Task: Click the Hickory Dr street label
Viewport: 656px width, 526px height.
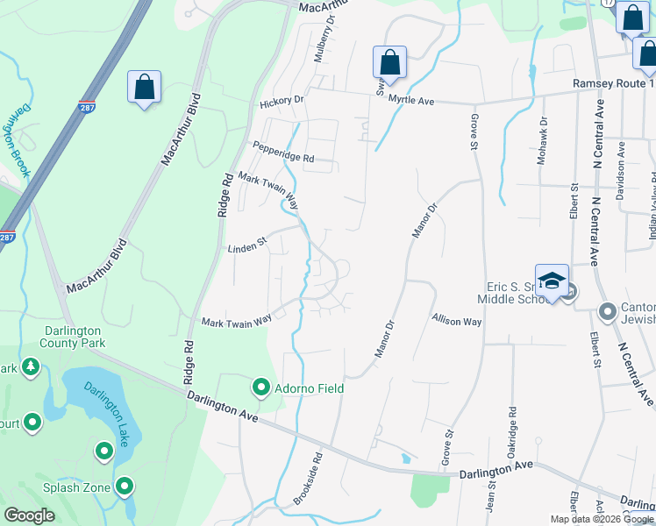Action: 281,103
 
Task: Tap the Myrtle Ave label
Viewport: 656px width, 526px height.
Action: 412,102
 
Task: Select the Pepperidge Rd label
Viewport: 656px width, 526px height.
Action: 282,152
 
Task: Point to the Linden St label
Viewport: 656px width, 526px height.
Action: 247,245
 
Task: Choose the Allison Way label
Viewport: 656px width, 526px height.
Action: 456,322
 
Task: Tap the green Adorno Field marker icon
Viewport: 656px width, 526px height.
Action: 260,387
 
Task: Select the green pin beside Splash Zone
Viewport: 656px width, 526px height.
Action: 125,485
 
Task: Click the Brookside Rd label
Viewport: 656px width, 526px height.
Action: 308,478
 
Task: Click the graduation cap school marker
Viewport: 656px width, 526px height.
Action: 552,281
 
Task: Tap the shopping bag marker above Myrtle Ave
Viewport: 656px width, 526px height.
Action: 389,63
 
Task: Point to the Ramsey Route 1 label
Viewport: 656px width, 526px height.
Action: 613,83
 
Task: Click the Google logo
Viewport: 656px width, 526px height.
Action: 30,515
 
